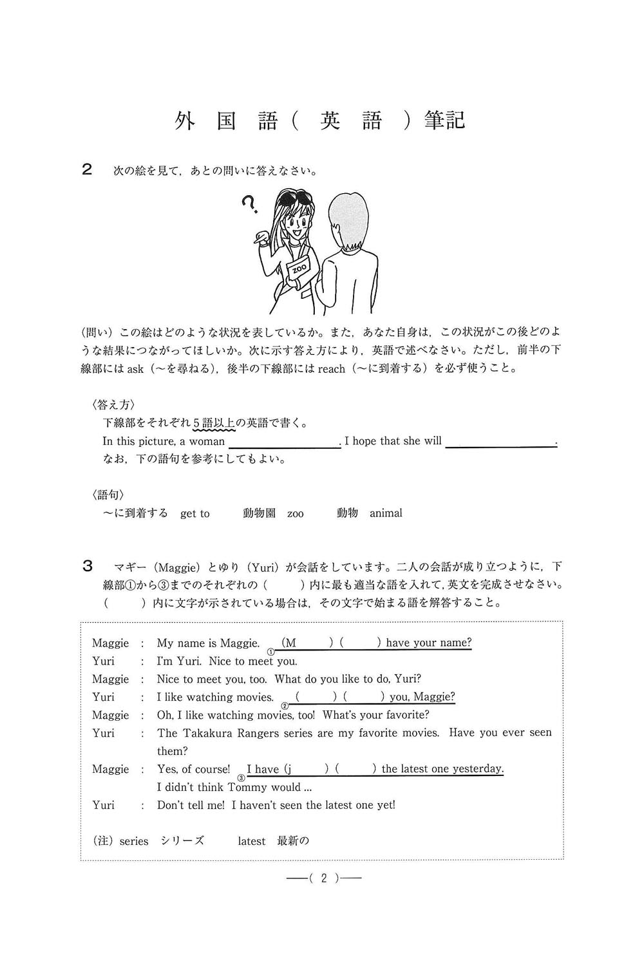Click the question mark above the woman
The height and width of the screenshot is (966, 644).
pos(249,205)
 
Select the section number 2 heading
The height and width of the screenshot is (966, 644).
pos(88,169)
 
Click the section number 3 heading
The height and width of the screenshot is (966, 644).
pos(88,566)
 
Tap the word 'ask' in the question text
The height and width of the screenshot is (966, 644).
pos(135,369)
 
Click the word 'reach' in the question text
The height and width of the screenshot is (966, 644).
pos(332,369)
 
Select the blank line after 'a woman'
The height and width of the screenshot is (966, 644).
pos(284,442)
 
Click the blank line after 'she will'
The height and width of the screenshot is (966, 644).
pos(500,442)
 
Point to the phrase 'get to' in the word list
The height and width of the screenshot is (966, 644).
pos(194,513)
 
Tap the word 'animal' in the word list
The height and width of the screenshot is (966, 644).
pos(386,513)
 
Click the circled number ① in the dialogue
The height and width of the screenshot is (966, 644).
pos(271,652)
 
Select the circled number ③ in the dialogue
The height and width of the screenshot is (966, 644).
pos(241,777)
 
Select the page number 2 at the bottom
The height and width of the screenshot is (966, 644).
pos(324,878)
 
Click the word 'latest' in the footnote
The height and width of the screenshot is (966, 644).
pos(251,841)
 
